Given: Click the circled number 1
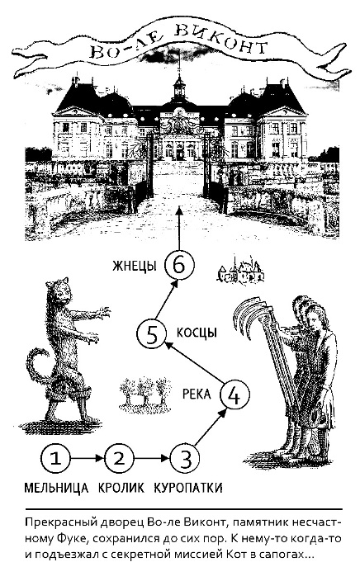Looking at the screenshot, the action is (x=55, y=459).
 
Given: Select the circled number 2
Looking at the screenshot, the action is (x=119, y=459).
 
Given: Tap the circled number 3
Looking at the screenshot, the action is (x=185, y=459).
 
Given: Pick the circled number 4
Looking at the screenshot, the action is (x=234, y=394).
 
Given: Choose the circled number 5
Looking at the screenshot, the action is (x=152, y=334).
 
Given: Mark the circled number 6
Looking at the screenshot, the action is (x=179, y=265).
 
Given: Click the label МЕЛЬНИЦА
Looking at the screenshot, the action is (x=56, y=488).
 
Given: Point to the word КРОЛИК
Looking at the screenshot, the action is (x=121, y=488).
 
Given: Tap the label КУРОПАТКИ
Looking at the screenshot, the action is (x=188, y=488).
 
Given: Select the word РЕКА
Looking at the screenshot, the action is (x=197, y=394).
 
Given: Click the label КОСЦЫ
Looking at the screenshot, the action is (x=197, y=333).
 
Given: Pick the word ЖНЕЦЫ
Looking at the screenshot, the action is (x=135, y=266).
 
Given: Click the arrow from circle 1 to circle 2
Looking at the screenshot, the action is (x=88, y=459).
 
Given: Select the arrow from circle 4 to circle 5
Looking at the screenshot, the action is (x=194, y=363).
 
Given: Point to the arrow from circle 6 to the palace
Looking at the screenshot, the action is (x=179, y=229).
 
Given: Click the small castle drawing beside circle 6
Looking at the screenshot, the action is (x=240, y=270).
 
